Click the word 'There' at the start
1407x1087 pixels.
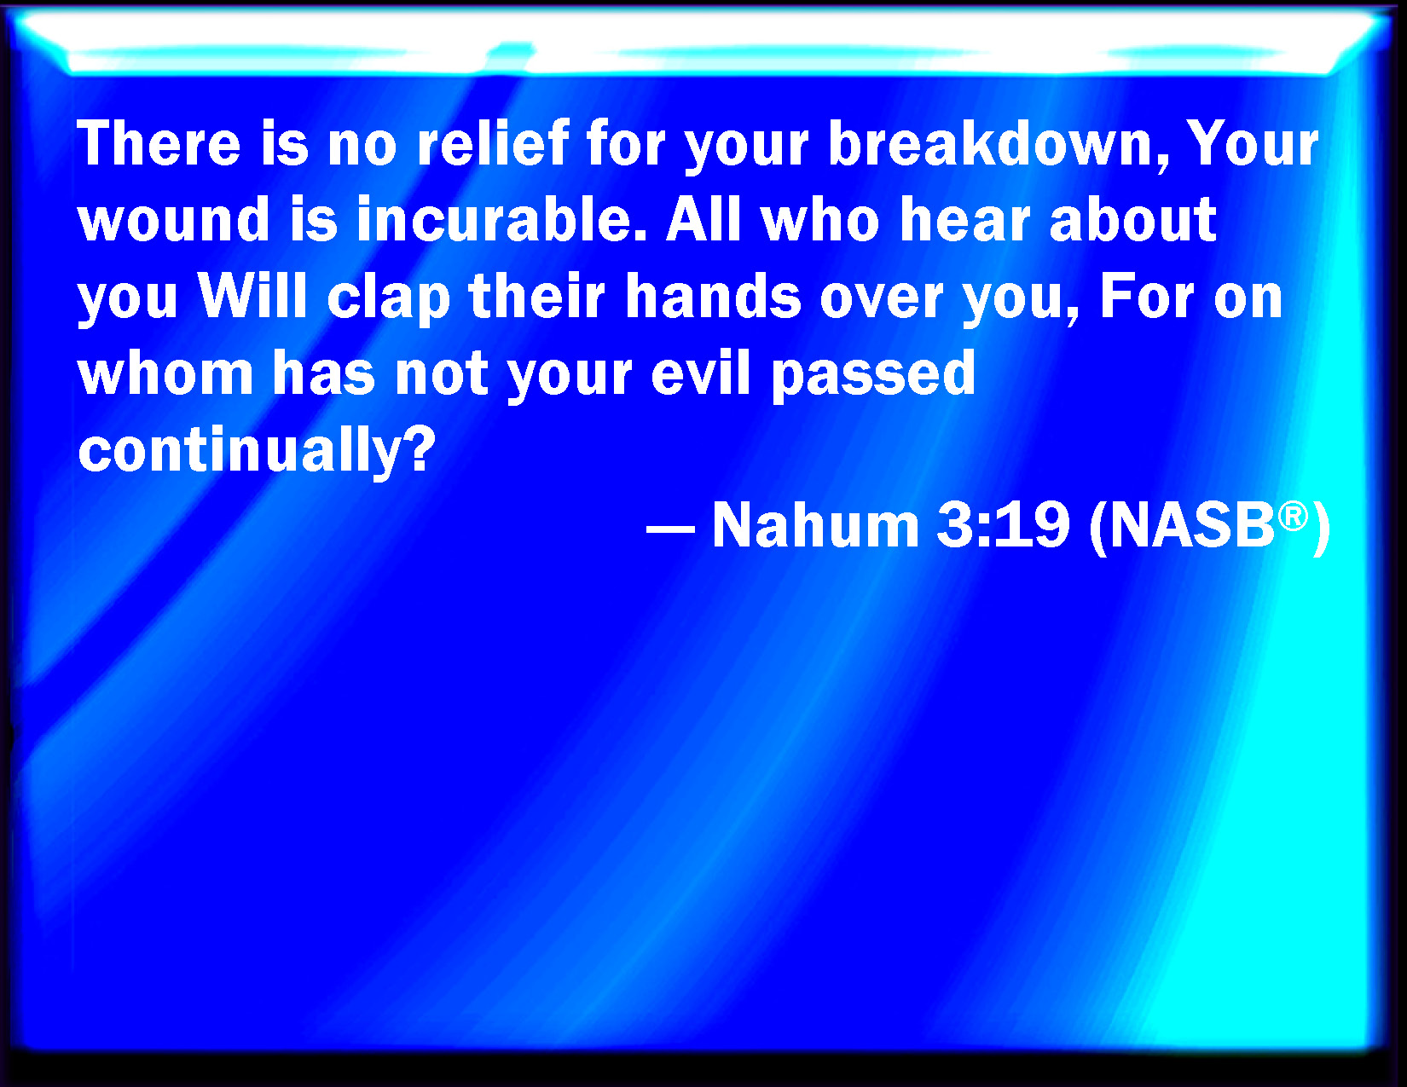click(159, 143)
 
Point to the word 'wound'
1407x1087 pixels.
click(173, 219)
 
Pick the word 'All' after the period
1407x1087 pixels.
click(703, 219)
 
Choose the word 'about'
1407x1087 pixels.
click(1132, 219)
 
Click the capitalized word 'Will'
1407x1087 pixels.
click(252, 296)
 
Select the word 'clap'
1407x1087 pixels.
click(389, 298)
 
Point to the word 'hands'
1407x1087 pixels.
click(712, 296)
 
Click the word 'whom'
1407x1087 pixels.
click(165, 373)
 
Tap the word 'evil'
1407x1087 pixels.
click(701, 373)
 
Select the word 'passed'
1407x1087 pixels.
click(873, 375)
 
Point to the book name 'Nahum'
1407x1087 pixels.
click(815, 524)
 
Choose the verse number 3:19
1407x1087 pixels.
click(1003, 524)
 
